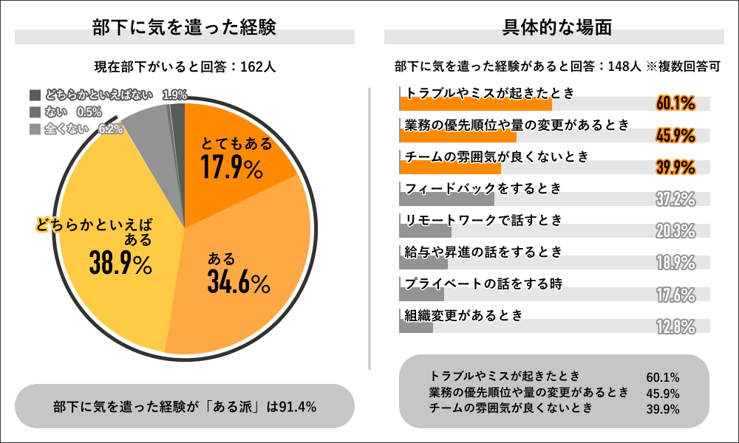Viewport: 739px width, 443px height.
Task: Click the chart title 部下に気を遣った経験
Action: coord(184,28)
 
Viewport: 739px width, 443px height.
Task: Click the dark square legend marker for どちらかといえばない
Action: coord(35,95)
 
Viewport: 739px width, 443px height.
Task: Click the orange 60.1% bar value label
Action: coord(675,103)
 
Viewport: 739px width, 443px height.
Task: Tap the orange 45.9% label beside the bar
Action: coord(675,135)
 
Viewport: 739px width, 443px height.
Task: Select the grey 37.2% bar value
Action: coord(675,199)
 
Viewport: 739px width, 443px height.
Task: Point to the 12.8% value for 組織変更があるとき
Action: coord(675,326)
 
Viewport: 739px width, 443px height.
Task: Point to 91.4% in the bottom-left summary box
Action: coord(296,406)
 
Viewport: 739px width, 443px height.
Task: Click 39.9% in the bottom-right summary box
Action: coord(663,410)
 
